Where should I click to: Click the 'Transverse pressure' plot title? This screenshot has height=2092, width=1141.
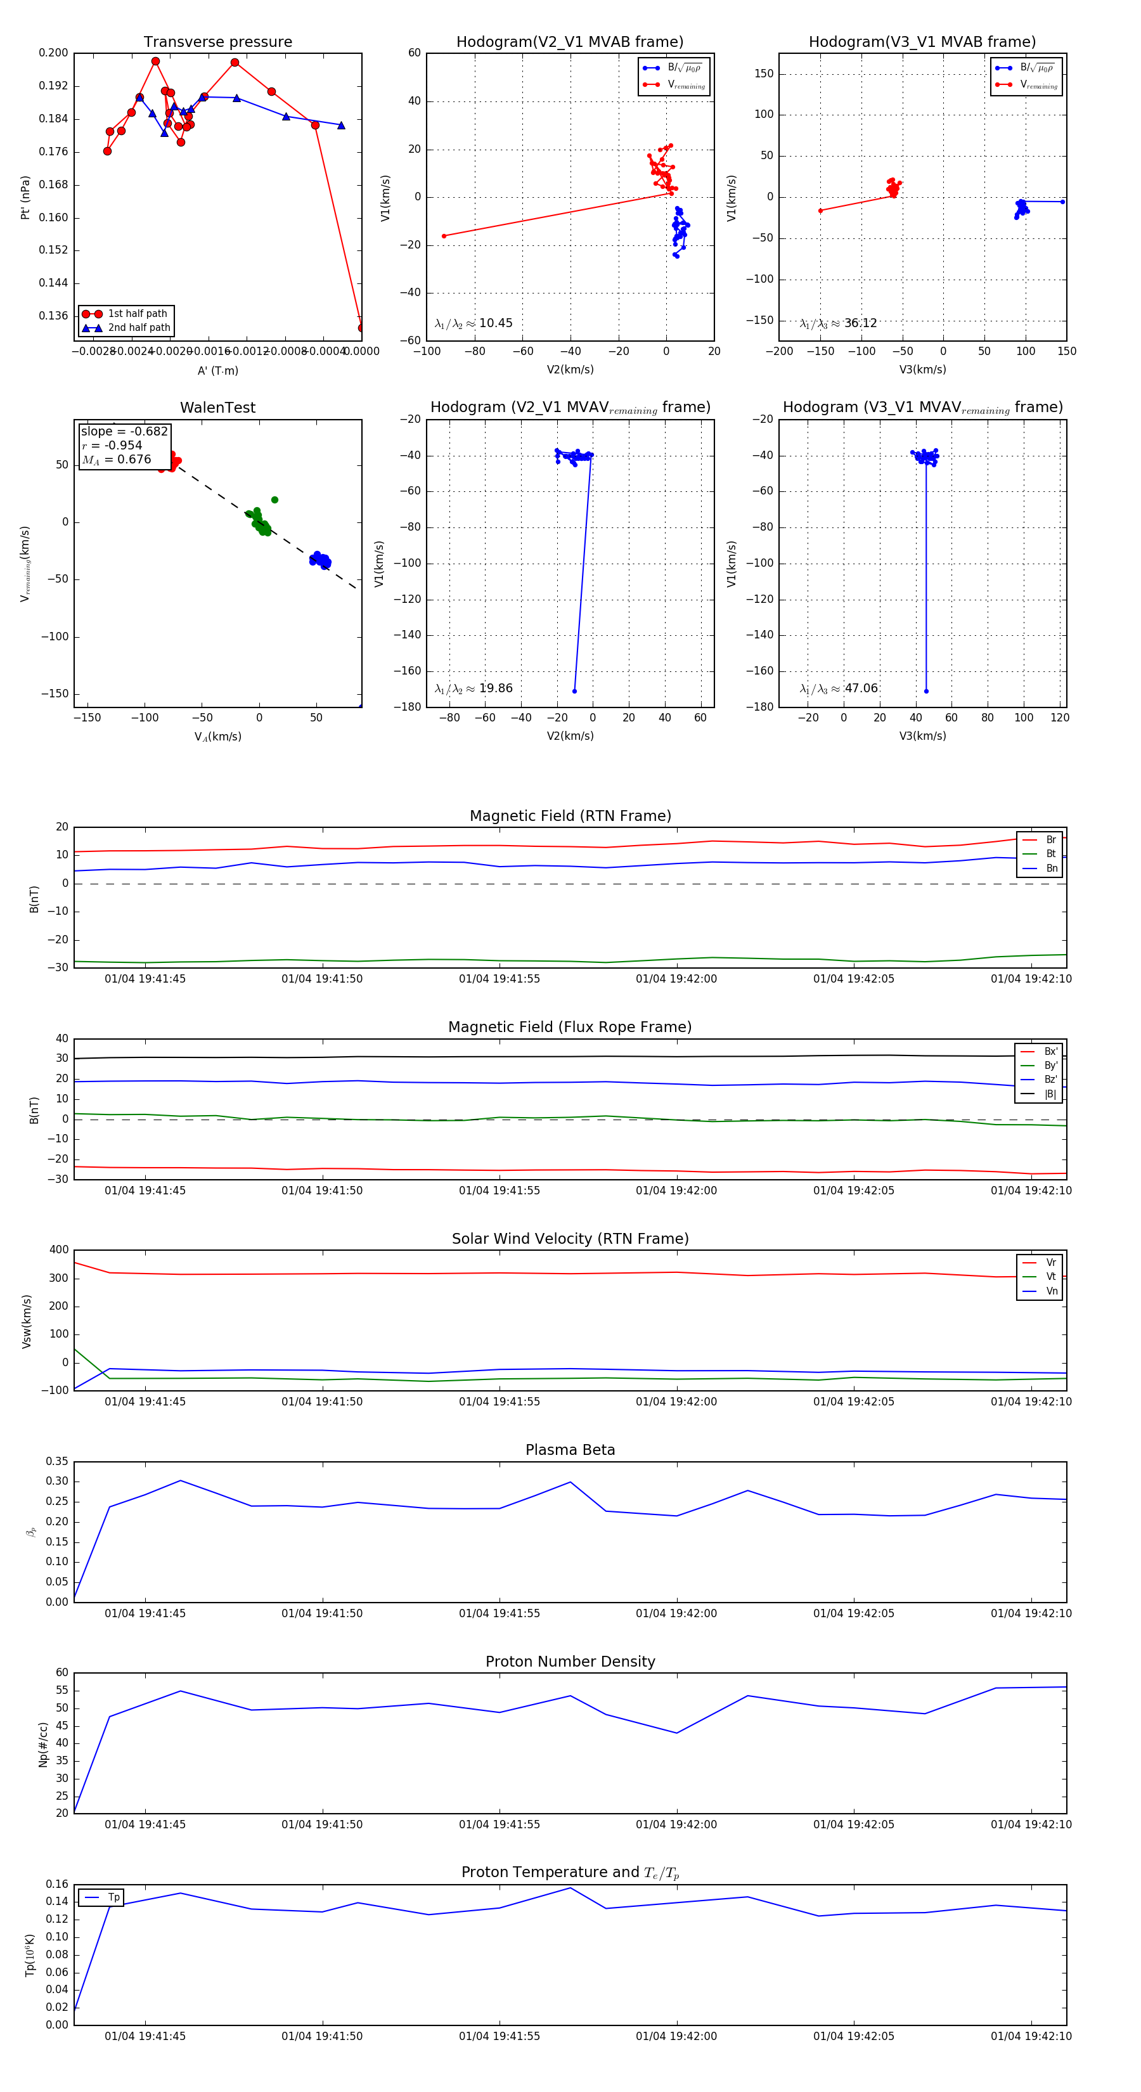(x=217, y=42)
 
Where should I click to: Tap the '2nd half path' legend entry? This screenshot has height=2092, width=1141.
(x=139, y=328)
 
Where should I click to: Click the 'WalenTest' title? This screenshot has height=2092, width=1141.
(x=217, y=408)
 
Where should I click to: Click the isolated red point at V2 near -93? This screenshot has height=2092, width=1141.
(x=444, y=236)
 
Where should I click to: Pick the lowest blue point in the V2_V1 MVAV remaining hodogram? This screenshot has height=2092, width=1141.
(x=574, y=691)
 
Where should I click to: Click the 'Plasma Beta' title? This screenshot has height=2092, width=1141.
(x=570, y=1450)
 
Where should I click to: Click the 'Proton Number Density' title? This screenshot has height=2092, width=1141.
(x=570, y=1662)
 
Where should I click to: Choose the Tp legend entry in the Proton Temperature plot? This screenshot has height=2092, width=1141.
(x=113, y=1898)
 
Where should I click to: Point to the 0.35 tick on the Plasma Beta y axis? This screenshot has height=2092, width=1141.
(x=57, y=1462)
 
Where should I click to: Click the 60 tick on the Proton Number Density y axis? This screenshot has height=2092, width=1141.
(x=61, y=1673)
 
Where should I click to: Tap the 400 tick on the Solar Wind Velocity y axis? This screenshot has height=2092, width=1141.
(x=58, y=1250)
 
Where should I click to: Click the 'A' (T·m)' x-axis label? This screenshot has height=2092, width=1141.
(x=217, y=371)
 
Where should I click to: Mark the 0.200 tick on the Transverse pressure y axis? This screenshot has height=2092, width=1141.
(x=54, y=53)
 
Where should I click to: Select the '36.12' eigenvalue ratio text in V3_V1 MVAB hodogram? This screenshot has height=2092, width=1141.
(x=860, y=323)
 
